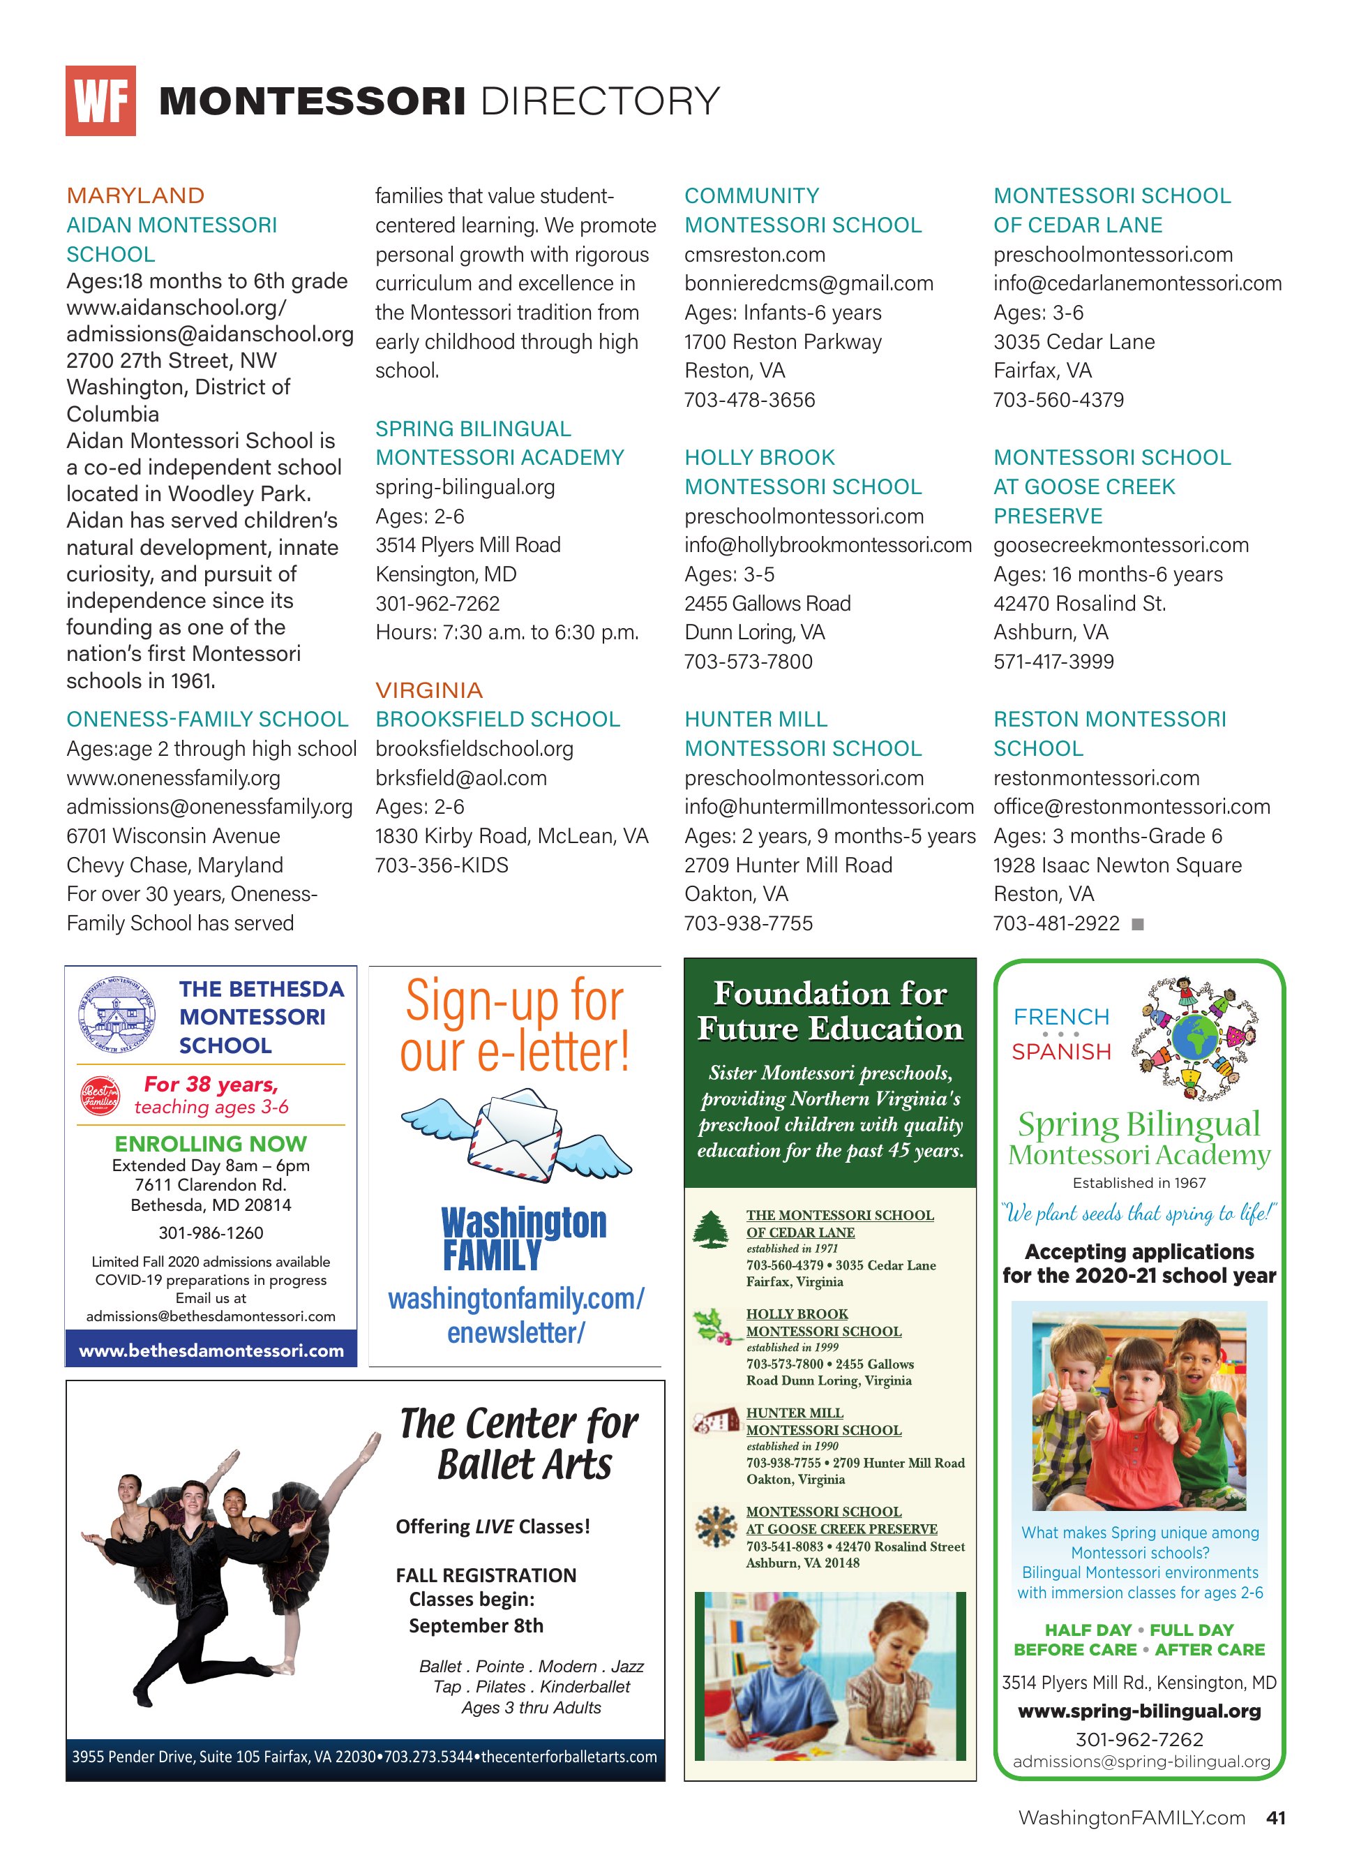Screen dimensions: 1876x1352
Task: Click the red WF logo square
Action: [100, 101]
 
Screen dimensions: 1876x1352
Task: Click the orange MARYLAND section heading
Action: [135, 196]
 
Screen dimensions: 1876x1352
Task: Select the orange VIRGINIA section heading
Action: [428, 690]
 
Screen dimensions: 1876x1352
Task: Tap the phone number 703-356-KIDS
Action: [442, 865]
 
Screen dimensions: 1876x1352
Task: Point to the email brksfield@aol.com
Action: [460, 777]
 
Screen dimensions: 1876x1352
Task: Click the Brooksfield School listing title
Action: [497, 719]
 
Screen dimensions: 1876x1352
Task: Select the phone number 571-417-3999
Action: [1053, 662]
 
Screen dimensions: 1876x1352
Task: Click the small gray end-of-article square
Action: [1138, 924]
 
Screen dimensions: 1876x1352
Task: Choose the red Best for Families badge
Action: [99, 1095]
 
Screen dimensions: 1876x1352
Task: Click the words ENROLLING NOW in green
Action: [210, 1144]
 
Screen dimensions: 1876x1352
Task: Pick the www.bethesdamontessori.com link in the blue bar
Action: [211, 1350]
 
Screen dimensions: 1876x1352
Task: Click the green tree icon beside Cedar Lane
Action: [710, 1229]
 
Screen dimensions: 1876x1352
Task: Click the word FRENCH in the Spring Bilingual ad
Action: [1061, 1017]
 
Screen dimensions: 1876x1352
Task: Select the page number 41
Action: [1275, 1817]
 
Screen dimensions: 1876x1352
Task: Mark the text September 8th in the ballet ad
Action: [476, 1625]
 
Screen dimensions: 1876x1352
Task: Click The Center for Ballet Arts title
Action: [519, 1443]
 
